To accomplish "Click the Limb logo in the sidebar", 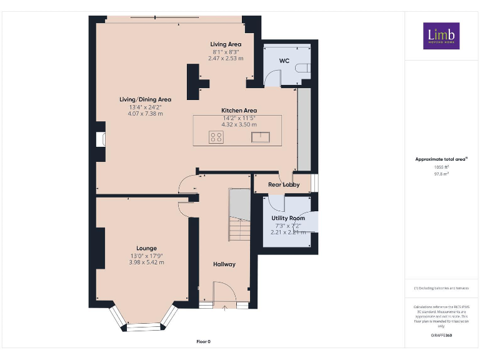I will tap(441, 36).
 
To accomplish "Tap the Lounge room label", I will tap(147, 248).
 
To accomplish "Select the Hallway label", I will tap(224, 264).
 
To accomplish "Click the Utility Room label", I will tap(288, 218).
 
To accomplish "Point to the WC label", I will tap(284, 61).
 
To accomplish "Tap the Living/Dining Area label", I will tap(146, 99).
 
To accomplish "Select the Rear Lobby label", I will tap(284, 184).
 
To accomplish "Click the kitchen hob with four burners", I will tap(216, 137).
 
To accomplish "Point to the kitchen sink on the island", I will tap(261, 137).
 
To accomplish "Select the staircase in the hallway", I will tap(239, 216).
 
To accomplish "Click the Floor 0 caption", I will tap(204, 342).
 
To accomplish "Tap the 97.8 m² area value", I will tap(441, 174).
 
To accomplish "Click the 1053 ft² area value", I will tap(441, 167).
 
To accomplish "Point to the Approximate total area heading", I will tap(441, 159).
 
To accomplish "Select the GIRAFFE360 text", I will tap(441, 336).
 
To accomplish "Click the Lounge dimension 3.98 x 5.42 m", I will tap(147, 262).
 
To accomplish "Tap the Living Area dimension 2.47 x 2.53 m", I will tap(226, 58).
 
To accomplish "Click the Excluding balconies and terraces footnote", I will tap(441, 288).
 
